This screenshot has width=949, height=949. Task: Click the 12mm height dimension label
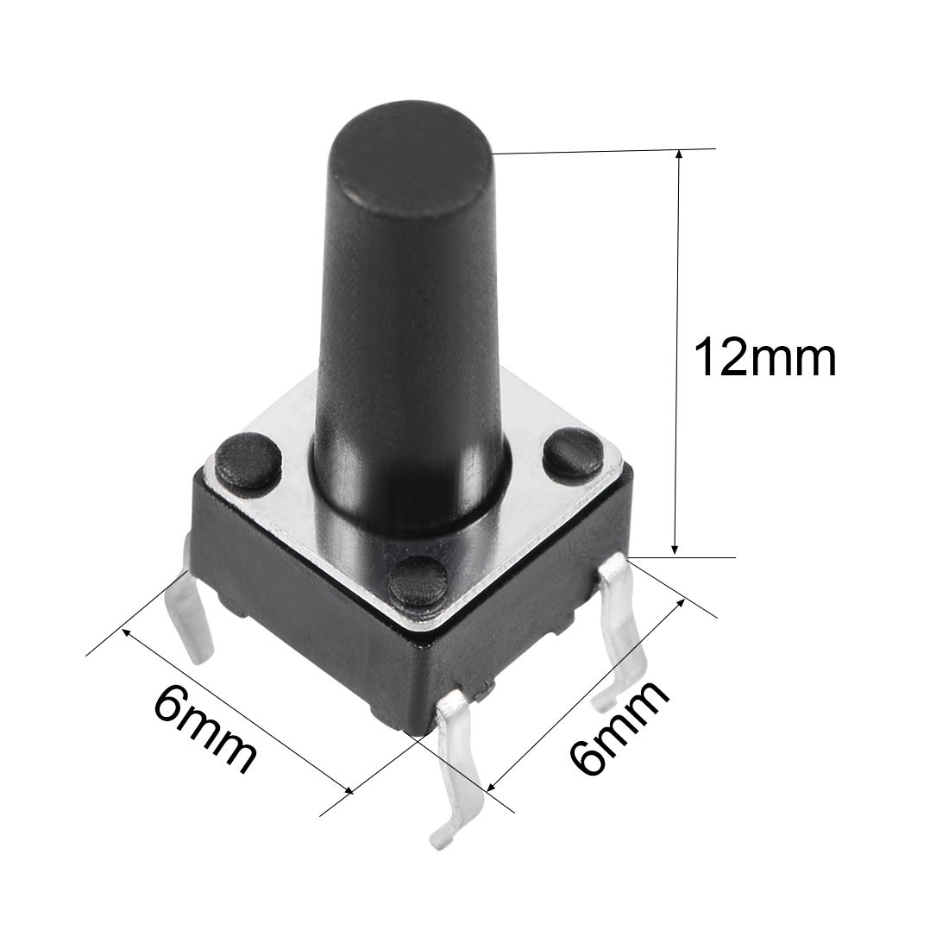[765, 358]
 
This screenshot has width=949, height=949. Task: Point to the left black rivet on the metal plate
[248, 460]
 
